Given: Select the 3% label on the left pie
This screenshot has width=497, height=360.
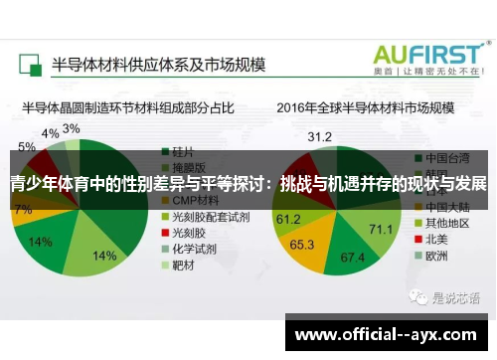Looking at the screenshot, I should (x=72, y=129).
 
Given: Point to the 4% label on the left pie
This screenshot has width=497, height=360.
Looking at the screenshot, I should (x=50, y=133).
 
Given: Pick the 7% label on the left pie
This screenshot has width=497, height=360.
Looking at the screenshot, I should (x=22, y=210).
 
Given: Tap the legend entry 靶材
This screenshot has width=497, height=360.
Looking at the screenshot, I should (x=184, y=266).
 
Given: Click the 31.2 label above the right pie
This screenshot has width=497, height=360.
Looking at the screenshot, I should (x=319, y=136).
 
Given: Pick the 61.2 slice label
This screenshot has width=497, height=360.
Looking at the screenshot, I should (x=288, y=219).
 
